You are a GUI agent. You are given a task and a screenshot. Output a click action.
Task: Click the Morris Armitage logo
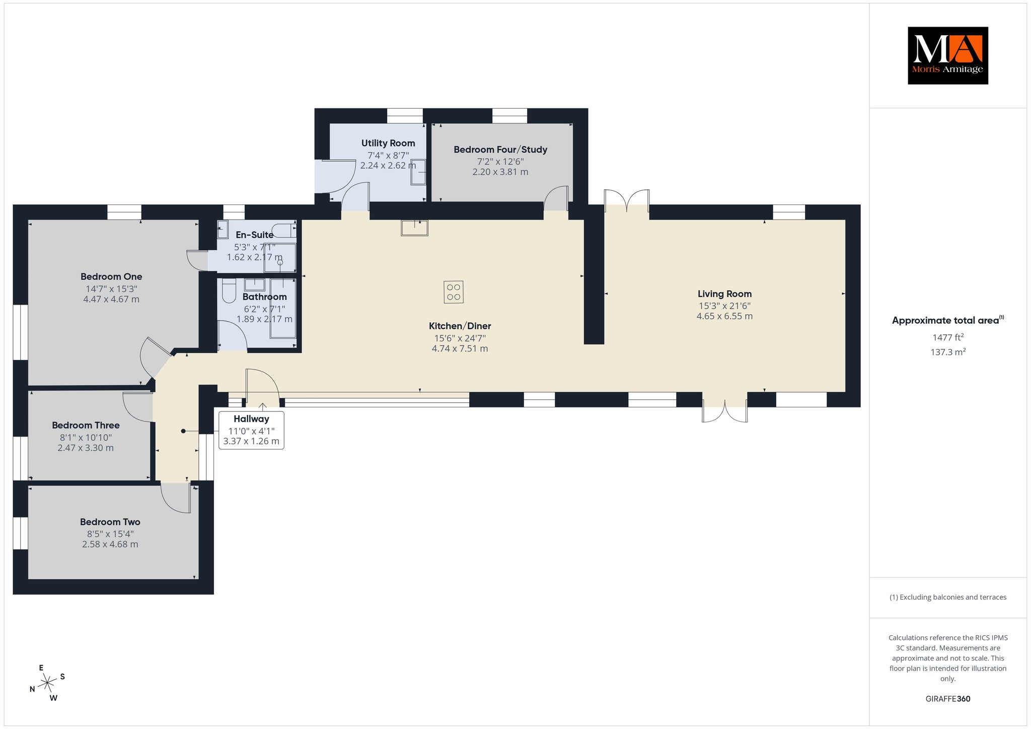(x=947, y=55)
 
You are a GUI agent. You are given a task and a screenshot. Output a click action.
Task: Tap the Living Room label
(x=724, y=294)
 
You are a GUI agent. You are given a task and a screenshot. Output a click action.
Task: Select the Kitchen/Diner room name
(x=460, y=326)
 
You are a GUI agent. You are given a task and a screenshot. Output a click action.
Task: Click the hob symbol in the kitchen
(x=454, y=292)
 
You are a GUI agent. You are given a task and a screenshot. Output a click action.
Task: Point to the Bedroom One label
(x=111, y=276)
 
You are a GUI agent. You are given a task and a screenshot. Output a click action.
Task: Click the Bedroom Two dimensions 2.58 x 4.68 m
(x=110, y=544)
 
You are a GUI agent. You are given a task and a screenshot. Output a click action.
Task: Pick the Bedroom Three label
(x=86, y=425)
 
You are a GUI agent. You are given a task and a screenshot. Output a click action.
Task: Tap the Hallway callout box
(x=251, y=430)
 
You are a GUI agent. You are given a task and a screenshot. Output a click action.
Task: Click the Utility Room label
(x=388, y=143)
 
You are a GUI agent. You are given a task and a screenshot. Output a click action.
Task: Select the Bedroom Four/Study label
(x=500, y=150)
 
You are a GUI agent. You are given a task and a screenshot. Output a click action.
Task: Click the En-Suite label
(x=255, y=235)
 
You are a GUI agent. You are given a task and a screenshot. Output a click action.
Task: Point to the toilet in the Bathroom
(x=229, y=290)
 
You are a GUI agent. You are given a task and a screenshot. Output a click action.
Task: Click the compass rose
(x=47, y=683)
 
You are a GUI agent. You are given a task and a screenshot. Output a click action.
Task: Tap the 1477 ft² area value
(x=948, y=337)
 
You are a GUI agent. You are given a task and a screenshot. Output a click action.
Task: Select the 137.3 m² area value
(x=948, y=352)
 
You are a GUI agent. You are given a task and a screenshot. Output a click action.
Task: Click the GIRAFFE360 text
(x=948, y=699)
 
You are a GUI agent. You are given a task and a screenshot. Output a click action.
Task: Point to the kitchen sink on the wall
(x=414, y=228)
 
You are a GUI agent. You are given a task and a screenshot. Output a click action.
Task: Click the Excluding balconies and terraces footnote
(x=948, y=597)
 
